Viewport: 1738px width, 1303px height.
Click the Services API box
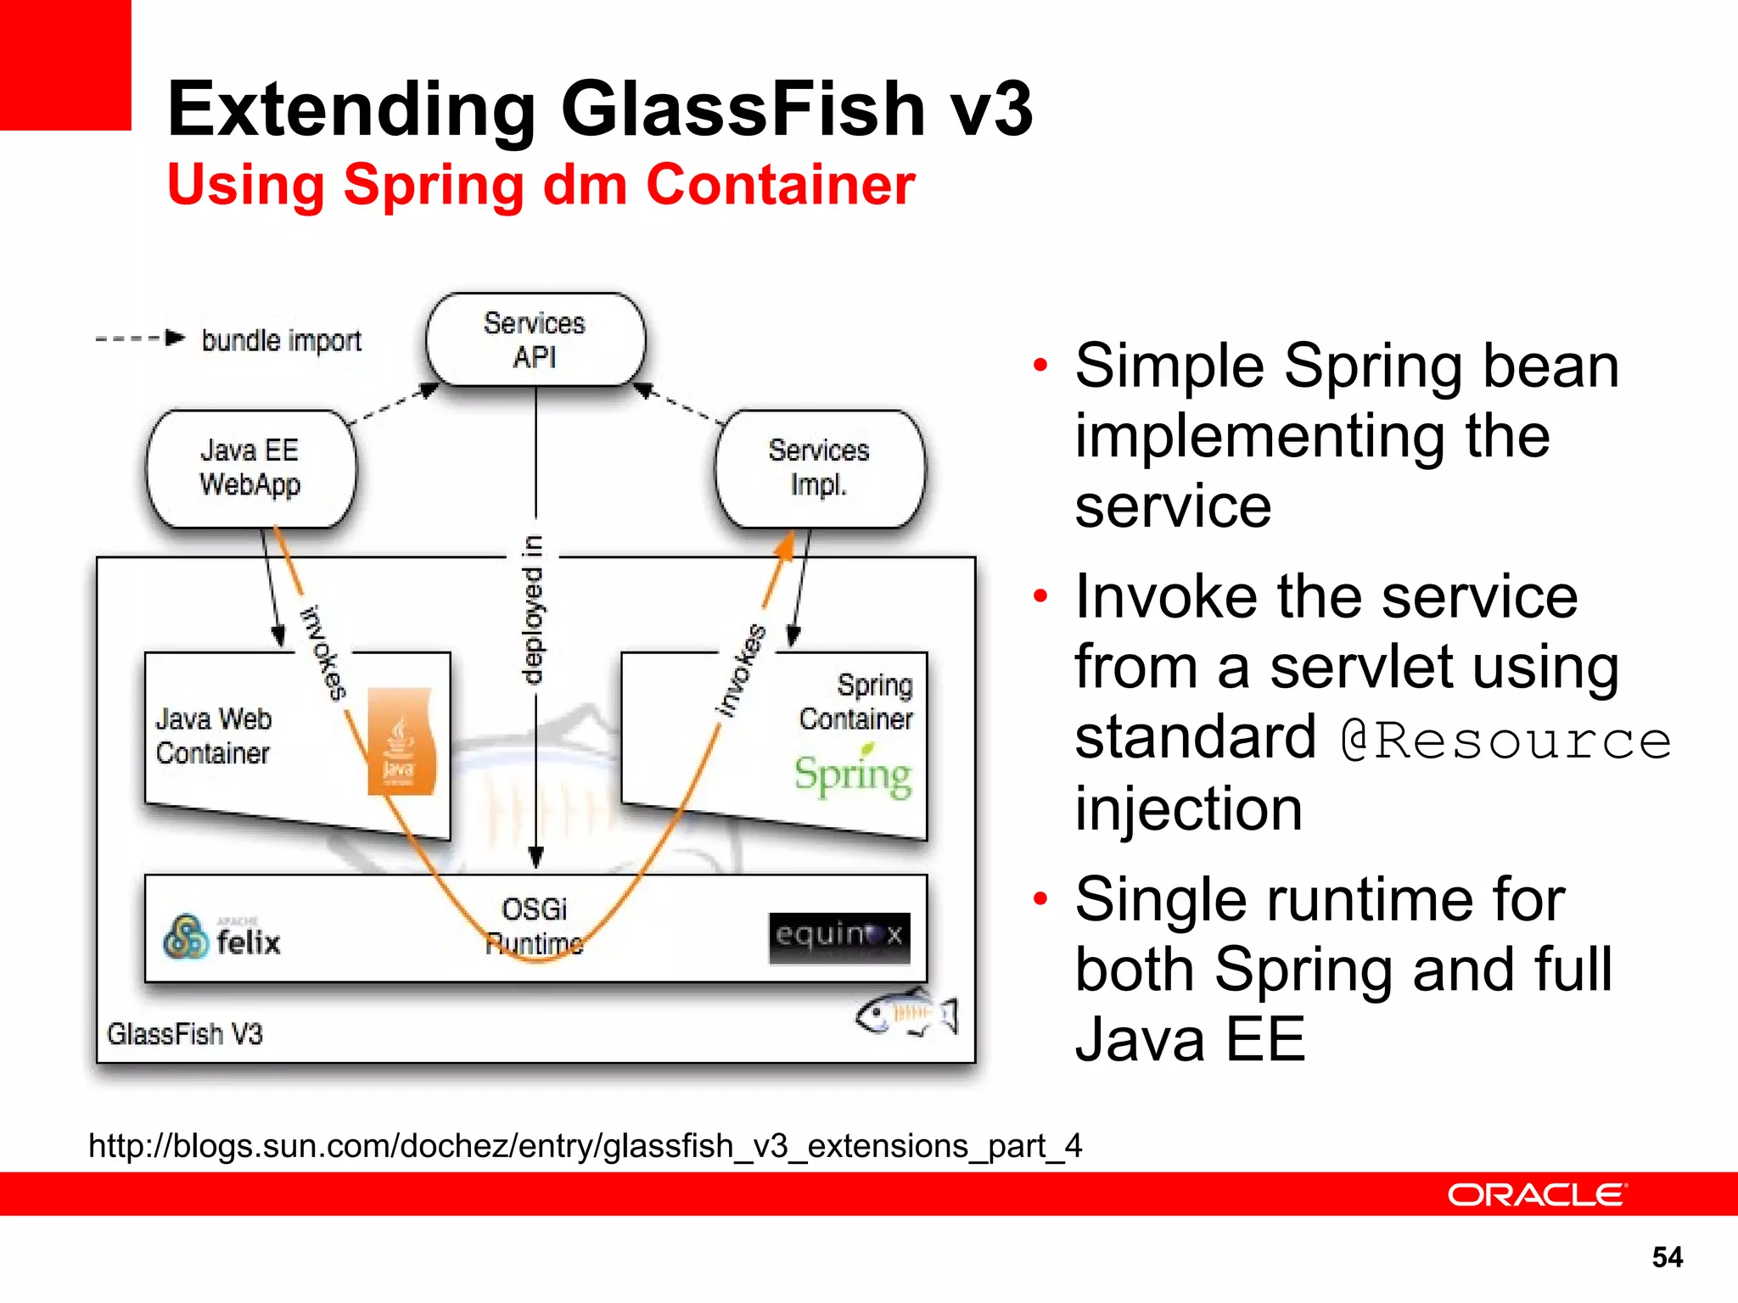click(x=535, y=340)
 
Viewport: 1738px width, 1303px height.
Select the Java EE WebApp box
click(x=250, y=468)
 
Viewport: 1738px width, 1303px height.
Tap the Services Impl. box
click(x=819, y=468)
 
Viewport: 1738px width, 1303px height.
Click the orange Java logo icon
click(x=401, y=742)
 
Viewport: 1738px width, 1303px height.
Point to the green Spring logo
click(x=853, y=774)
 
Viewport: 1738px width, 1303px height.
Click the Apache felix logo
click(x=222, y=937)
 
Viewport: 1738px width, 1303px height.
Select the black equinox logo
click(x=839, y=937)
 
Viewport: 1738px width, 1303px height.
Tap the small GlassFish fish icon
click(x=905, y=1014)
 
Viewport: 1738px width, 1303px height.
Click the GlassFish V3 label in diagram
click(x=185, y=1034)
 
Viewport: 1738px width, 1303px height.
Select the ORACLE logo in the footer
click(x=1537, y=1194)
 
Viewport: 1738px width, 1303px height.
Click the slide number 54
click(x=1667, y=1256)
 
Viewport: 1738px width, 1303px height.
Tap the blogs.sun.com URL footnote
click(x=586, y=1146)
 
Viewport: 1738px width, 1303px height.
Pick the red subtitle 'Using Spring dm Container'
click(x=541, y=184)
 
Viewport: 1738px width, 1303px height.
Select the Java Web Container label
click(x=213, y=736)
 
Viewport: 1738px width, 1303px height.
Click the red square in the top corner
click(x=65, y=64)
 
